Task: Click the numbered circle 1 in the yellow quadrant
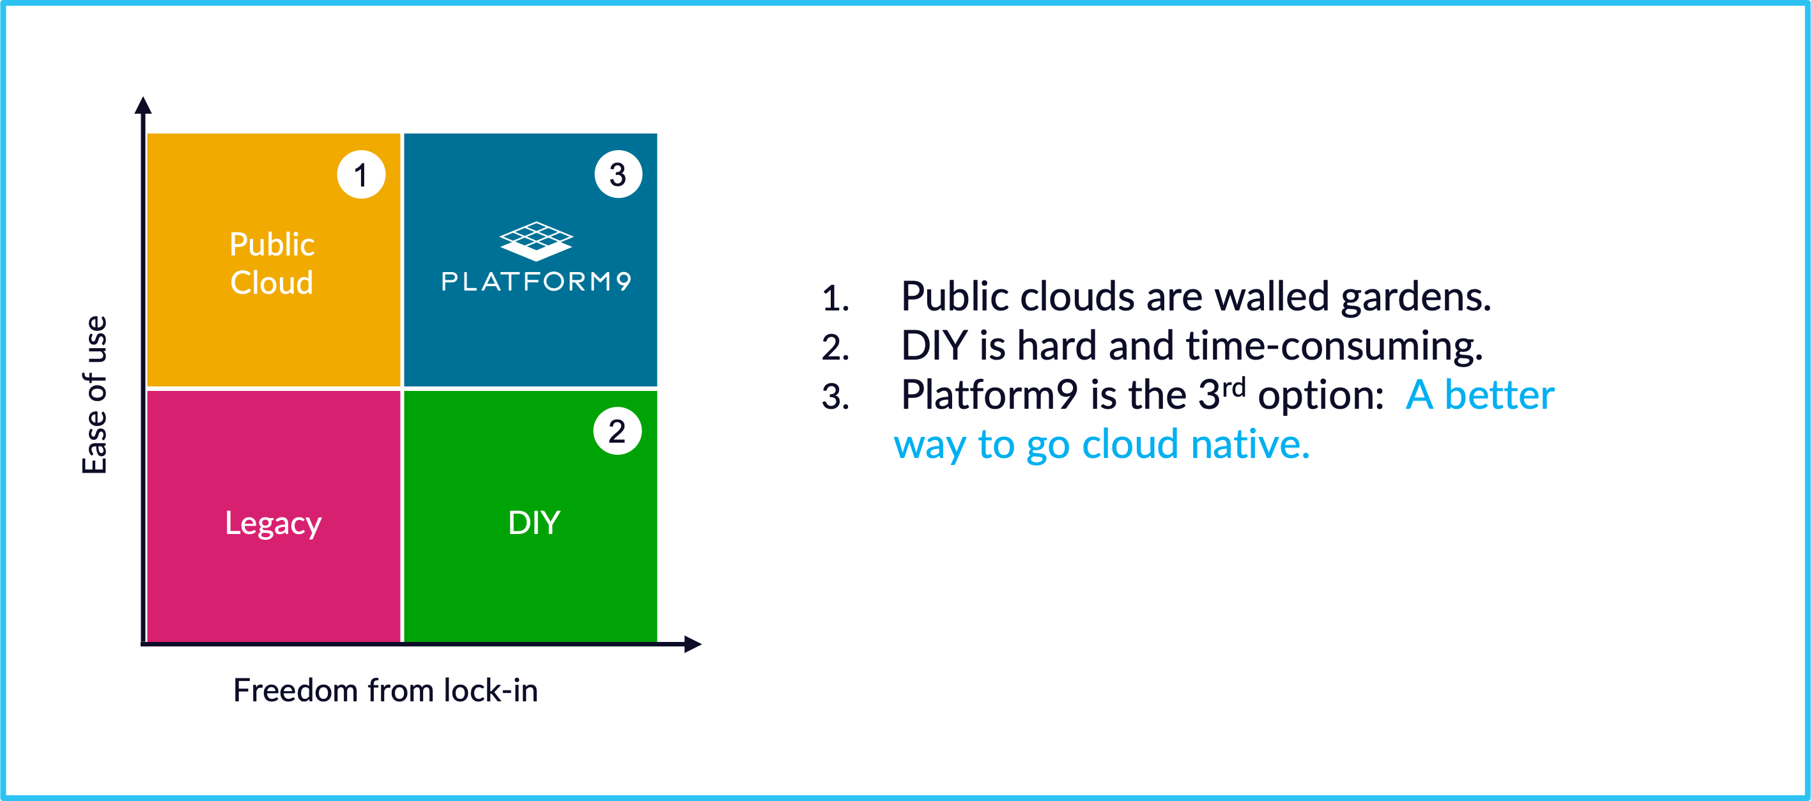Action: coord(361,174)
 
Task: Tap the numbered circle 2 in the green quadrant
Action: coord(617,431)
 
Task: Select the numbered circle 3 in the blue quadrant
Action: coord(618,174)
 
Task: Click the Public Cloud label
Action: coord(272,263)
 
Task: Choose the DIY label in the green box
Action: coord(534,523)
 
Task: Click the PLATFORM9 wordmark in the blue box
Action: coord(536,281)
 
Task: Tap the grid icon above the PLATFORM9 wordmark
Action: coord(536,241)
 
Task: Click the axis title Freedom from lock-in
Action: coord(385,690)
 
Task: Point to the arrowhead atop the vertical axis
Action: coord(143,105)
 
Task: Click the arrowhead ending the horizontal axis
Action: coord(693,644)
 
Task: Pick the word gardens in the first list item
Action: coord(1416,298)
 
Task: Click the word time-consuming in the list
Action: coord(1334,346)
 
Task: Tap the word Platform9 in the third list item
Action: coord(989,395)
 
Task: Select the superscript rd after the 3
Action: coord(1233,386)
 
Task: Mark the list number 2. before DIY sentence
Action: coord(835,347)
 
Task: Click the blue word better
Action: coord(1499,395)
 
